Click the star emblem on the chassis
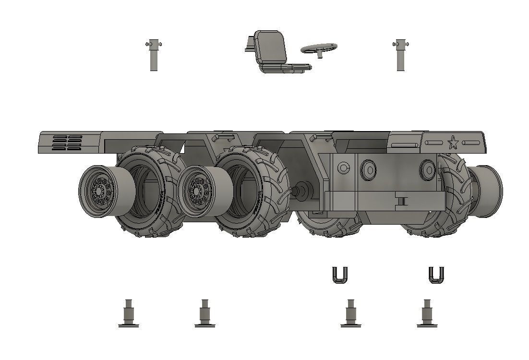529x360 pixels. tap(452, 143)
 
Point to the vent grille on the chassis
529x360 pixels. tap(67, 142)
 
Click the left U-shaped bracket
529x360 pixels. tap(340, 275)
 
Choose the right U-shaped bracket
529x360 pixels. tap(436, 275)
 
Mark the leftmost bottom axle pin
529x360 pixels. tap(128, 314)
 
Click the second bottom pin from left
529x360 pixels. tap(205, 314)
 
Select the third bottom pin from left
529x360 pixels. tap(350, 314)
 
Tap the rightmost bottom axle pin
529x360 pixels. tap(427, 314)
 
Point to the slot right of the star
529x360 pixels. tap(470, 143)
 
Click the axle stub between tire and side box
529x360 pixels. tap(302, 190)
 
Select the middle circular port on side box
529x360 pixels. tap(369, 169)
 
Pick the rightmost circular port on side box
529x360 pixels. tap(427, 169)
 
